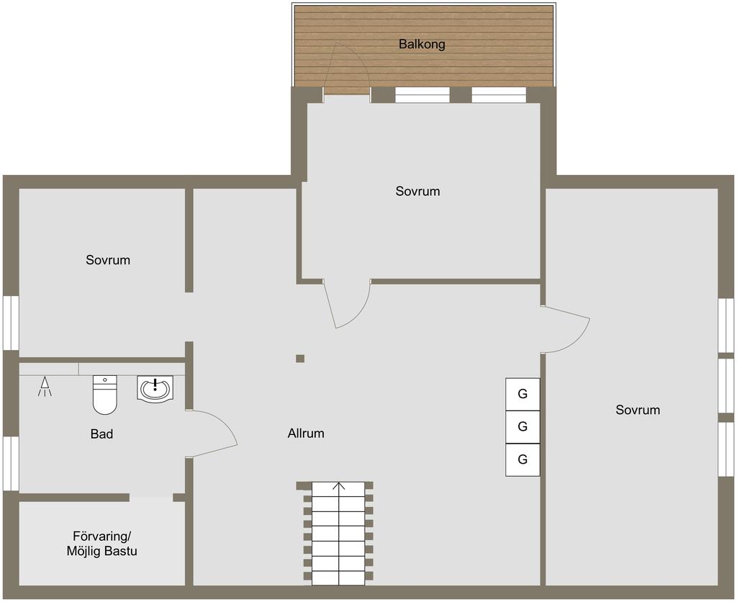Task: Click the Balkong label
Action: point(422,44)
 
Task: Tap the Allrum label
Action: point(306,433)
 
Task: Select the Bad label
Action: point(101,433)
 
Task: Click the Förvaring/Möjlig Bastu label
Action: point(102,543)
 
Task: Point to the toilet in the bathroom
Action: point(104,395)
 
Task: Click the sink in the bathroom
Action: point(155,389)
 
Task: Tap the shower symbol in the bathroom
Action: point(45,387)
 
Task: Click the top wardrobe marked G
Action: point(523,394)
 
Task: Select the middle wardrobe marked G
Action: point(523,427)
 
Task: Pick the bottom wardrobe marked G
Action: point(523,459)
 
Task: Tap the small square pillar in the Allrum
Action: point(300,359)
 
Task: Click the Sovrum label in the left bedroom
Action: point(108,260)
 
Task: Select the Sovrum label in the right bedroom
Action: point(638,410)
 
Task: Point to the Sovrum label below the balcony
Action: point(418,191)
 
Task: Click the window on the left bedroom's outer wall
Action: point(11,323)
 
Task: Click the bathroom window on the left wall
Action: point(11,463)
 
